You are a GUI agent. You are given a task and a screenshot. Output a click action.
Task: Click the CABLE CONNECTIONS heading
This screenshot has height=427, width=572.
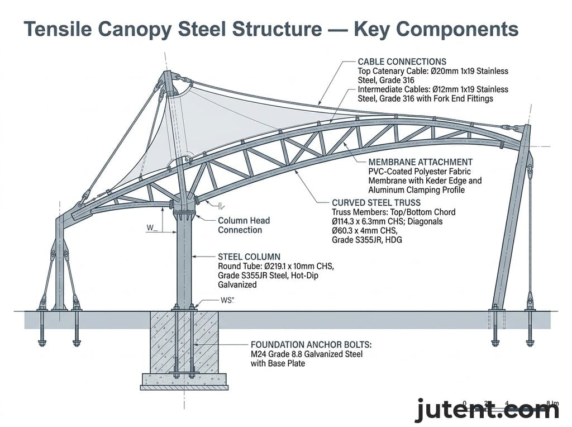(x=402, y=61)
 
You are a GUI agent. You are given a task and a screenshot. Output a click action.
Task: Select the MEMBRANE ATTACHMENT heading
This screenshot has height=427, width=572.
(x=421, y=162)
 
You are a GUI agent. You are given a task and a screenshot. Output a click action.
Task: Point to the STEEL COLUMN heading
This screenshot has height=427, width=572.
(x=249, y=257)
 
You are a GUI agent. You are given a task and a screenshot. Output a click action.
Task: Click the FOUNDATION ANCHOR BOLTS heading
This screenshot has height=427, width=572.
(x=311, y=345)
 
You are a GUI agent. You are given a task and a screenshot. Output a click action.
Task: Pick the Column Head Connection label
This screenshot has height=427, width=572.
(x=240, y=225)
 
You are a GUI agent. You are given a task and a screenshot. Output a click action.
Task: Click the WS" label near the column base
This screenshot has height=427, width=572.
(x=227, y=301)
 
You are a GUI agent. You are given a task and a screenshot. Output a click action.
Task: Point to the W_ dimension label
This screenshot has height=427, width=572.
(x=152, y=227)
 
